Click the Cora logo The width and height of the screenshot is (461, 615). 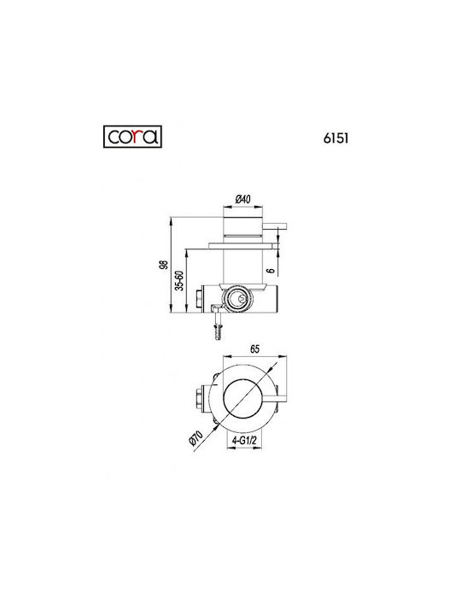coord(132,137)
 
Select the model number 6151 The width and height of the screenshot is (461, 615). coord(336,138)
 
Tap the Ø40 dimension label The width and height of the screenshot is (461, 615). coord(242,199)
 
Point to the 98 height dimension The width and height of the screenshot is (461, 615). coord(165,265)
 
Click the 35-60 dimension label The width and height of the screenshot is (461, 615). coord(179,280)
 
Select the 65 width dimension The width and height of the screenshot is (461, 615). coord(254,348)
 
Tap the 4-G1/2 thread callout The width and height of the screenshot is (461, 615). coord(244,441)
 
